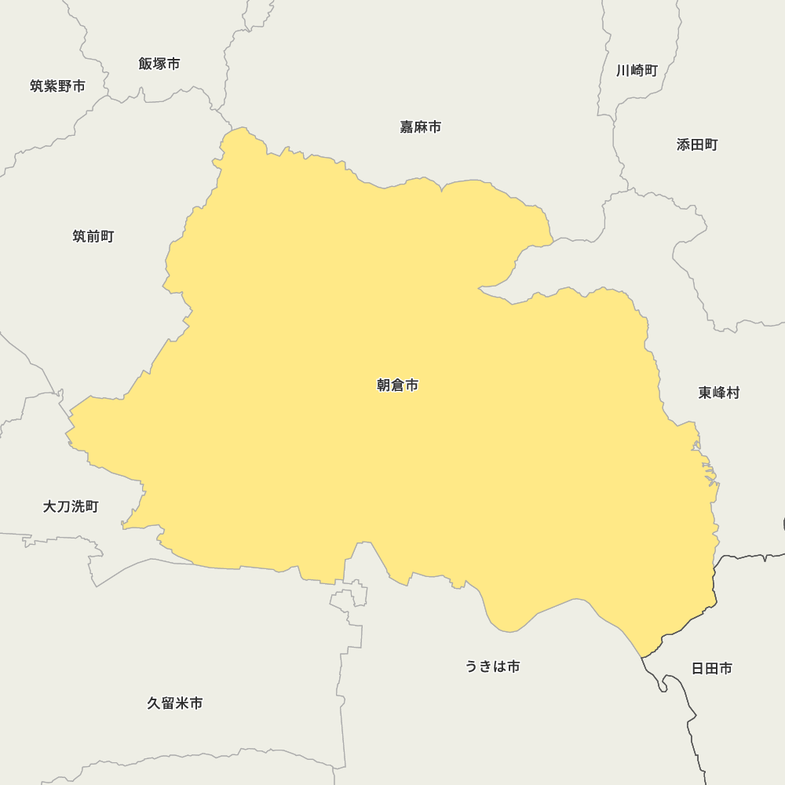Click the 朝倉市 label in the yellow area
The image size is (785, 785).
(x=397, y=385)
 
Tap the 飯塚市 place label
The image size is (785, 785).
(x=159, y=64)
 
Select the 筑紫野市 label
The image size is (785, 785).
(x=57, y=86)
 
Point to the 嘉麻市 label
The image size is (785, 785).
(x=420, y=127)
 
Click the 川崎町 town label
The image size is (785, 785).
(x=637, y=71)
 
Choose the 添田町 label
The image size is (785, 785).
(x=697, y=144)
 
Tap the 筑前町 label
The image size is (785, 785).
(x=93, y=236)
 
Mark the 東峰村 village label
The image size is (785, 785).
(x=719, y=392)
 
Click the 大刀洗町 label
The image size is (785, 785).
(x=71, y=507)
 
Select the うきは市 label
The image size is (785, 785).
(x=492, y=666)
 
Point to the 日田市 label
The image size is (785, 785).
(x=712, y=669)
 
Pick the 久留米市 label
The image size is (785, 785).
(x=175, y=703)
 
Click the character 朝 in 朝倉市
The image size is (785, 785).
(x=384, y=385)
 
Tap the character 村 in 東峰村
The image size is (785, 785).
(x=733, y=392)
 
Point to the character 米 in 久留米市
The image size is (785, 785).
(x=182, y=703)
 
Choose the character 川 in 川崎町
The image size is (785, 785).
(x=623, y=71)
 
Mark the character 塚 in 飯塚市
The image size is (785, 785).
(x=159, y=64)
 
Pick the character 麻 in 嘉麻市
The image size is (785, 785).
(x=420, y=127)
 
